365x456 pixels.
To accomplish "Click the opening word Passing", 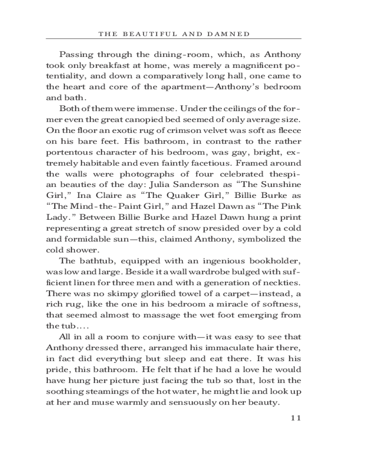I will pos(76,54).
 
